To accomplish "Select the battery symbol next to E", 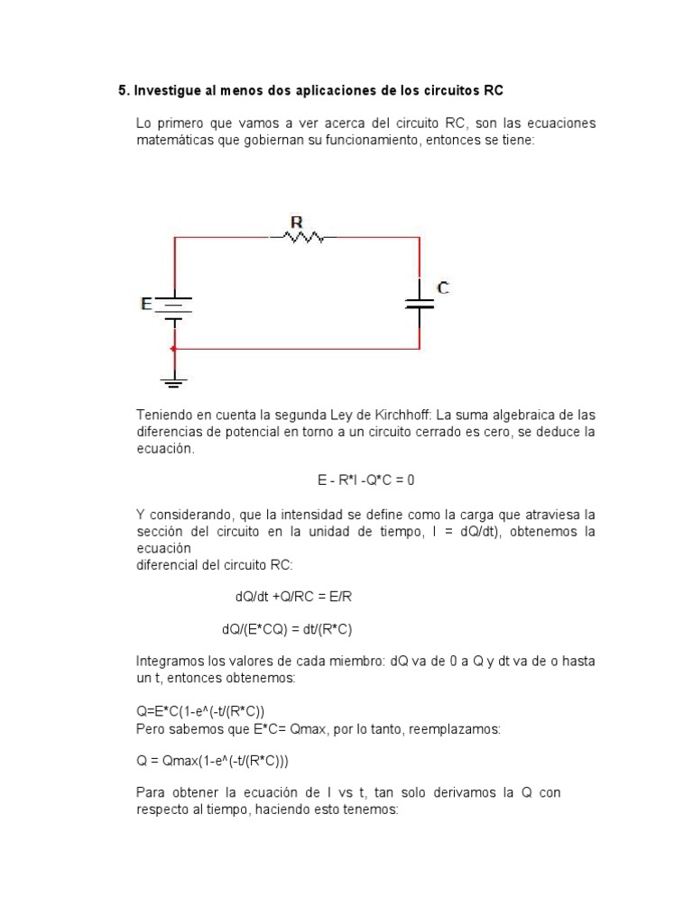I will pyautogui.click(x=174, y=306).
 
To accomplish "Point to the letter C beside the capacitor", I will pyautogui.click(x=443, y=288).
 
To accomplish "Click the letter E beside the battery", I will pyautogui.click(x=146, y=305).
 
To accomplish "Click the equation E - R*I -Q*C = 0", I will pyautogui.click(x=365, y=480).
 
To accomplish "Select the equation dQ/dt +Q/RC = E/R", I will pyautogui.click(x=300, y=597).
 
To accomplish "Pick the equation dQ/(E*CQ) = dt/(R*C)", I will pyautogui.click(x=293, y=629).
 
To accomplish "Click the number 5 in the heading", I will pyautogui.click(x=122, y=90).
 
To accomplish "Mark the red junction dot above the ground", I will pyautogui.click(x=174, y=348).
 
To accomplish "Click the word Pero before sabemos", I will pyautogui.click(x=152, y=727).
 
